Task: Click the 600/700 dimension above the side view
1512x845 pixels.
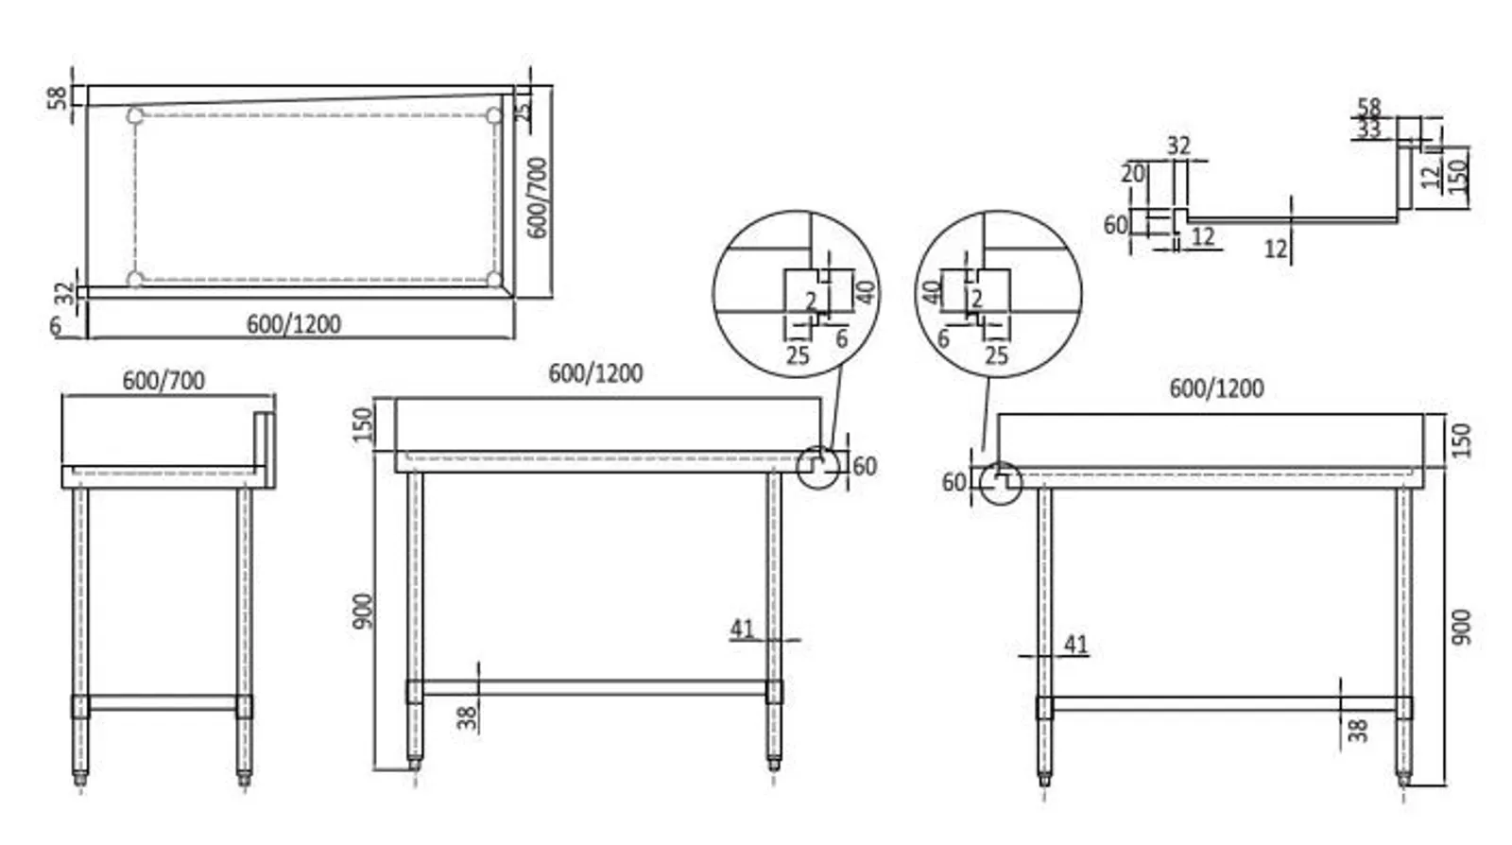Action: (x=163, y=380)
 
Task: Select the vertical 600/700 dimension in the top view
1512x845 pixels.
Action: (x=537, y=198)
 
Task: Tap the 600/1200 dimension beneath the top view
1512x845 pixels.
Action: (x=293, y=324)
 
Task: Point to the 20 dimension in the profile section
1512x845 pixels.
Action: (x=1132, y=174)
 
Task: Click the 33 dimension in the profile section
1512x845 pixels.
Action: (x=1368, y=129)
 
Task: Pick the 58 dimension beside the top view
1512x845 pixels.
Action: (x=58, y=96)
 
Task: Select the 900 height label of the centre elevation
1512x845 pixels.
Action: (x=363, y=611)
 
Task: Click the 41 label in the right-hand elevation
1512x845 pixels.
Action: (x=1075, y=644)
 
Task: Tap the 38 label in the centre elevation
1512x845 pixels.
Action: (x=467, y=718)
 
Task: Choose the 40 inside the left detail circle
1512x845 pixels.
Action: (x=865, y=290)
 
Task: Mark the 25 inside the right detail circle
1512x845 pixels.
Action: (x=996, y=355)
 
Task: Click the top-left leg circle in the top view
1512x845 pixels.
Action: (x=135, y=116)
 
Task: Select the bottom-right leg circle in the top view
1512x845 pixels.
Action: (x=493, y=279)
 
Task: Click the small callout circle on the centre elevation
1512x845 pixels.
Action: (x=817, y=466)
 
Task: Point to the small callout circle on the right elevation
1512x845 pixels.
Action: (x=1000, y=483)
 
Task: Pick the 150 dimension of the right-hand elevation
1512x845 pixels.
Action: (x=1461, y=440)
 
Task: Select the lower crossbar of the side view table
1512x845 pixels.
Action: (x=163, y=703)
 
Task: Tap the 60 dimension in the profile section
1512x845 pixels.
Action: (x=1115, y=224)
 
